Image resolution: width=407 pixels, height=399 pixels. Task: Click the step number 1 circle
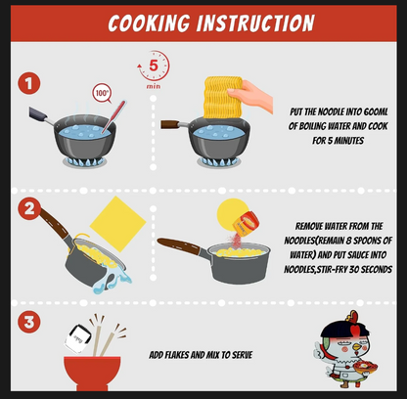pos(29,83)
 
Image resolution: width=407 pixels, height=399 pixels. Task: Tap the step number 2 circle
pos(29,208)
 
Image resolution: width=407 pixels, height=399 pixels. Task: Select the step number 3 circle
pos(29,322)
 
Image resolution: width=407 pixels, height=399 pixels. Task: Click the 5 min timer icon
pos(154,69)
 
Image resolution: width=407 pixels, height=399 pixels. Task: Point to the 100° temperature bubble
pos(102,93)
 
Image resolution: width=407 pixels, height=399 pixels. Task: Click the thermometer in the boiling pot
pos(113,116)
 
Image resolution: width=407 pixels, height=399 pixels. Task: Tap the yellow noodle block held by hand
pos(222,97)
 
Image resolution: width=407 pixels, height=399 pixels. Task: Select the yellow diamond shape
pos(117,224)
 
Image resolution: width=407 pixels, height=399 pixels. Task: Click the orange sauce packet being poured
pos(247,223)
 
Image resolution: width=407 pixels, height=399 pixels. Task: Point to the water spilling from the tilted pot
pos(112,280)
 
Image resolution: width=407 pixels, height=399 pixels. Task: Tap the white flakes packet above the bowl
pos(78,339)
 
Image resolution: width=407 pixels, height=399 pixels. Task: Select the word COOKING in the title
pos(149,23)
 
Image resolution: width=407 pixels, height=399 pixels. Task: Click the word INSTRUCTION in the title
pos(255,23)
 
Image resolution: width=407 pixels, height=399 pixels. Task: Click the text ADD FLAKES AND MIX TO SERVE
pos(201,355)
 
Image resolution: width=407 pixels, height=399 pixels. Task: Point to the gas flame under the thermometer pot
pos(85,161)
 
